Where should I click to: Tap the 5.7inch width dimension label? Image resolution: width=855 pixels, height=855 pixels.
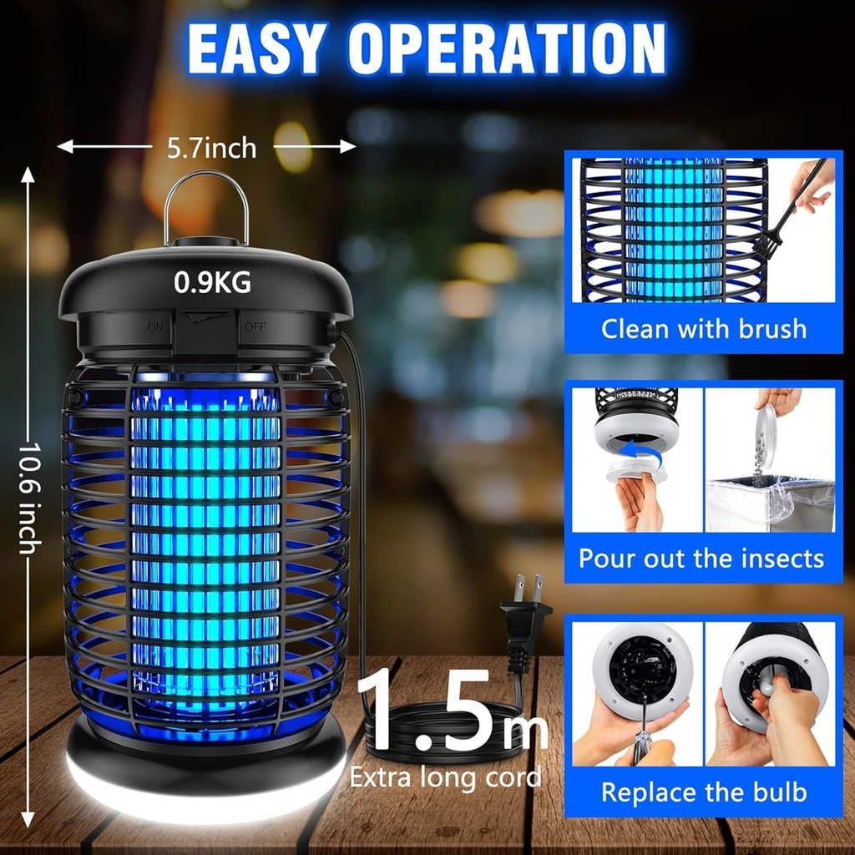[211, 148]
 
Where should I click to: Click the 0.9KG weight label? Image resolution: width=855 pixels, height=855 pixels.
[212, 283]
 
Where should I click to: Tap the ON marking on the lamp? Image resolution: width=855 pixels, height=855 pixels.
[156, 326]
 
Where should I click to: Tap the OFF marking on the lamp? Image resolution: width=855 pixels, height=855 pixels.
[255, 326]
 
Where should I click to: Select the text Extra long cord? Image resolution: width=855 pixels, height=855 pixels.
[445, 777]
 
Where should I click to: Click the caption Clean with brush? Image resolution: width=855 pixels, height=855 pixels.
[704, 328]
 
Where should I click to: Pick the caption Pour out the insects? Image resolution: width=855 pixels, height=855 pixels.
[701, 558]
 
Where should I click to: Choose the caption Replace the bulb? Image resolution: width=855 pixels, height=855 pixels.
[704, 792]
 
